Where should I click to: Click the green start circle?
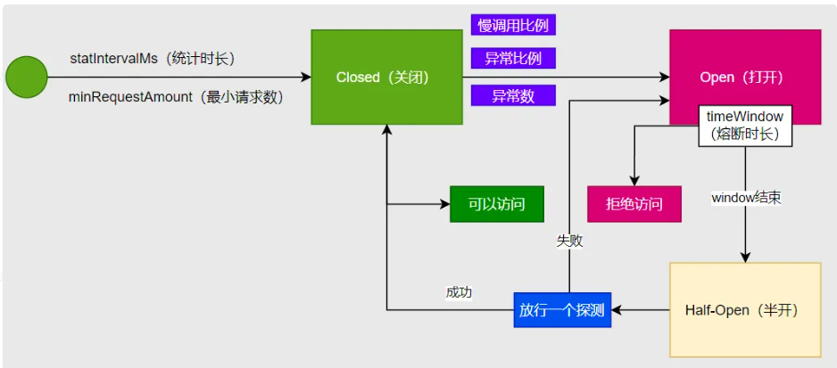click(27, 77)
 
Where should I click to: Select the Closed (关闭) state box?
click(383, 78)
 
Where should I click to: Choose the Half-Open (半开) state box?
click(744, 310)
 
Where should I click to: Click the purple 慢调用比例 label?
click(513, 25)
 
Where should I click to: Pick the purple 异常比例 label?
click(513, 59)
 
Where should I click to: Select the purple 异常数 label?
click(513, 96)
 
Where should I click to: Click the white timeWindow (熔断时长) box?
click(744, 126)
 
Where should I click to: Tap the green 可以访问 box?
click(496, 204)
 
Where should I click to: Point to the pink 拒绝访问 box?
click(634, 204)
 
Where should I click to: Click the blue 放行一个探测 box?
click(562, 310)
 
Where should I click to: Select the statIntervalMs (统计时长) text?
click(152, 58)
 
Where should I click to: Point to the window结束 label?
click(746, 197)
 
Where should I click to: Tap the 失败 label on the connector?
click(570, 240)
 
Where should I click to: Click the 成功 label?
click(459, 291)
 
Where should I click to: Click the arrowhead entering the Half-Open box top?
click(745, 258)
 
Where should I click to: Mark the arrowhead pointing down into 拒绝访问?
click(634, 181)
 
